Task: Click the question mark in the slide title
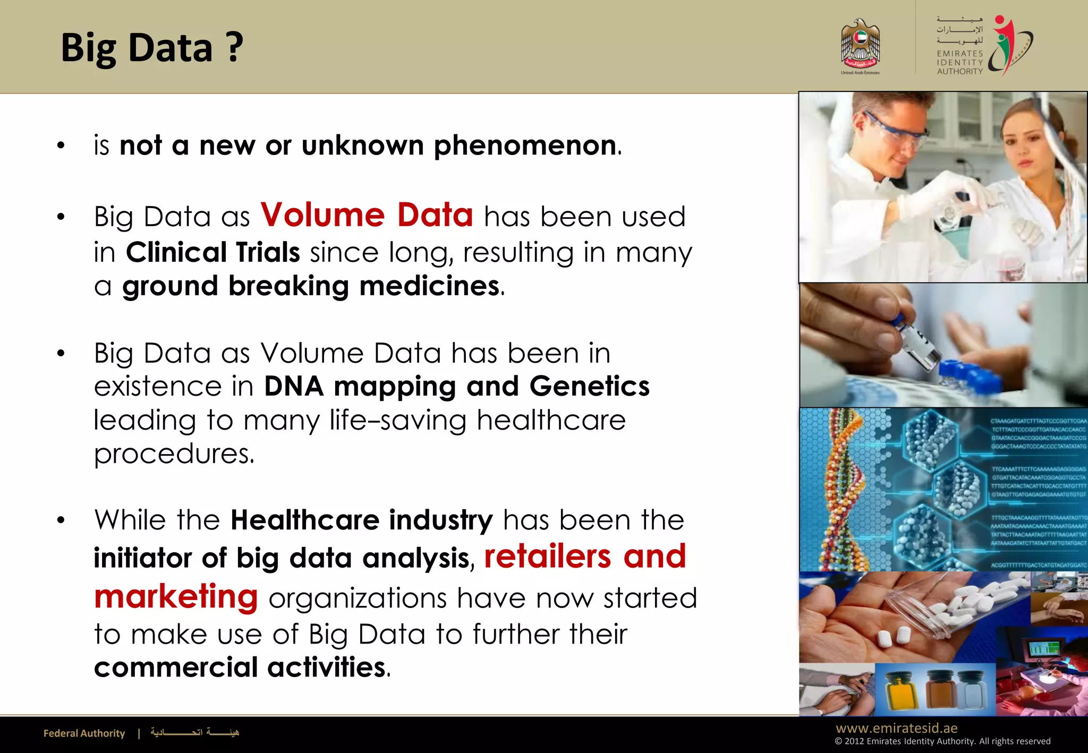pos(234,48)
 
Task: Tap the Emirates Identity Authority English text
pos(959,62)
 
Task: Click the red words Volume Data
pos(367,215)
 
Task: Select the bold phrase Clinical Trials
pos(213,252)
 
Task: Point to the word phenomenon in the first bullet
pos(525,146)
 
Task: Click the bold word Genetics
pos(590,386)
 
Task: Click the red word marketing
pos(176,596)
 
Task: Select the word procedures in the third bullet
pos(174,454)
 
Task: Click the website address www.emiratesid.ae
pos(896,728)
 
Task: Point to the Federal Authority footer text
pos(84,733)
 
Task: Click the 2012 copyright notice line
pos(942,741)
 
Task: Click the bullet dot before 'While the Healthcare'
pos(61,520)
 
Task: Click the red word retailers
pos(548,557)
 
